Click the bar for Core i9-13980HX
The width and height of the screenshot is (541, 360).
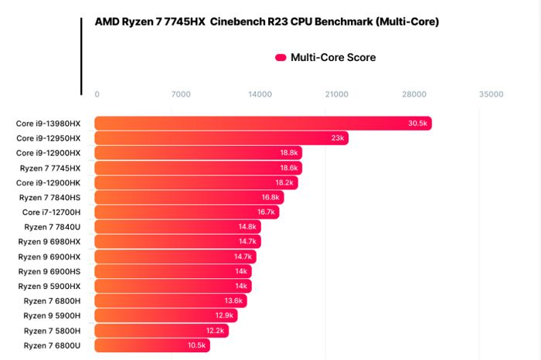[x=263, y=124]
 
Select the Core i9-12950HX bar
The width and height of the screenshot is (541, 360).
[x=221, y=138]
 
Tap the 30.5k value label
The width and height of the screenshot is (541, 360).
[x=418, y=124]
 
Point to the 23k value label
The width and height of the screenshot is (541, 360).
[x=338, y=138]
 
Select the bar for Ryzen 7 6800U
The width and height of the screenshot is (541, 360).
[x=151, y=345]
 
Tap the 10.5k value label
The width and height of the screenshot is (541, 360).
[x=196, y=345]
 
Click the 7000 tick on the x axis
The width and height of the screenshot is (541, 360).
[x=180, y=94]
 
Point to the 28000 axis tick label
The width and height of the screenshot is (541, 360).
[x=413, y=94]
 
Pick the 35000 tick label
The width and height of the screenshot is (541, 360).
[x=491, y=94]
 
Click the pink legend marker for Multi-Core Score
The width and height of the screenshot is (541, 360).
[x=281, y=57]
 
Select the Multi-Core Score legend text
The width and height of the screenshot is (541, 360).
[x=333, y=57]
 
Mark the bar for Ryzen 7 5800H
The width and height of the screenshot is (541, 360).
[x=162, y=331]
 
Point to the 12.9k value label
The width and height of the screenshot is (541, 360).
[x=224, y=316]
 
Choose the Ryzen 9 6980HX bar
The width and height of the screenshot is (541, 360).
[x=176, y=241]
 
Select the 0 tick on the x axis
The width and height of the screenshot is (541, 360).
[x=97, y=94]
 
